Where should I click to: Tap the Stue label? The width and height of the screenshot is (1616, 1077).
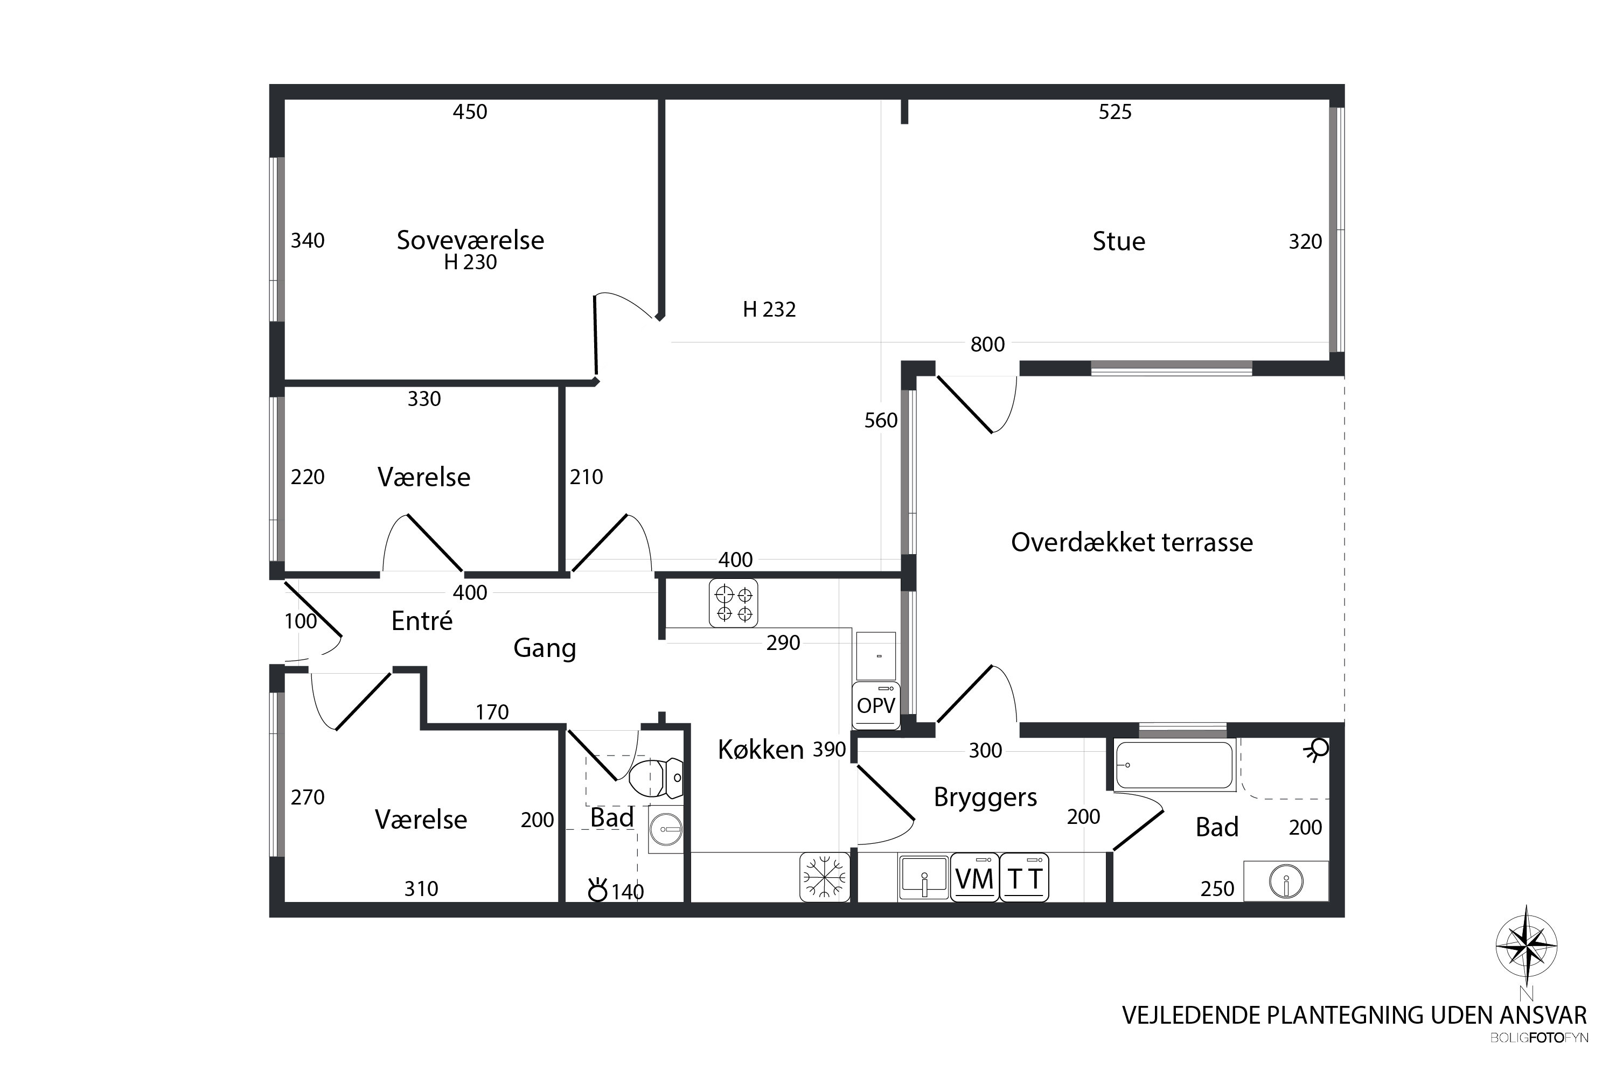click(x=1119, y=241)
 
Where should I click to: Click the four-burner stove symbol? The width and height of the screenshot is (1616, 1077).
click(x=733, y=603)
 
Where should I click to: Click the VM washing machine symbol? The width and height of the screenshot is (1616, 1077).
click(x=974, y=877)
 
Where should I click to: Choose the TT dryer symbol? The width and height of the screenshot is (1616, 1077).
click(x=1025, y=877)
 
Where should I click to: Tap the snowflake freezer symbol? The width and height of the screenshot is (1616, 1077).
click(x=825, y=877)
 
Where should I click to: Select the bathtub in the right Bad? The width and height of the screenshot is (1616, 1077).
click(x=1174, y=765)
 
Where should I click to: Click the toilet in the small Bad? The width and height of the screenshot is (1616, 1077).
click(x=656, y=778)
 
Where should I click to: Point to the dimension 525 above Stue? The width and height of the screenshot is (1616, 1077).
click(x=1115, y=111)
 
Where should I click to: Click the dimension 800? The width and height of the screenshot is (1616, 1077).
click(x=987, y=344)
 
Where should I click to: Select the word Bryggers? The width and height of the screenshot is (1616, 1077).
click(x=985, y=798)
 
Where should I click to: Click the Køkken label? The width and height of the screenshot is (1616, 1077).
click(x=761, y=750)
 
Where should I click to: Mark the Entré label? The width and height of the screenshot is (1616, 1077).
click(x=422, y=620)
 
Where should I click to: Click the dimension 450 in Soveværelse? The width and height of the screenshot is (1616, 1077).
click(x=470, y=111)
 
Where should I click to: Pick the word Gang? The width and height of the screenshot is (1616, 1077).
click(x=545, y=648)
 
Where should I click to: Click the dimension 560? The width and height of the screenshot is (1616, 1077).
click(x=881, y=421)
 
